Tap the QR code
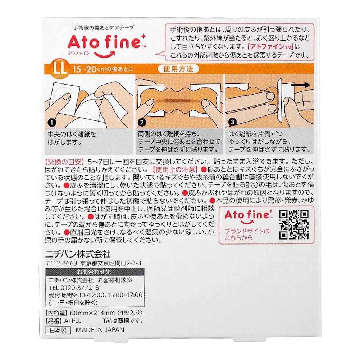(294, 224)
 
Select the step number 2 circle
(142, 123)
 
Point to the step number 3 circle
(231, 123)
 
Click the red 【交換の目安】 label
(63, 160)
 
